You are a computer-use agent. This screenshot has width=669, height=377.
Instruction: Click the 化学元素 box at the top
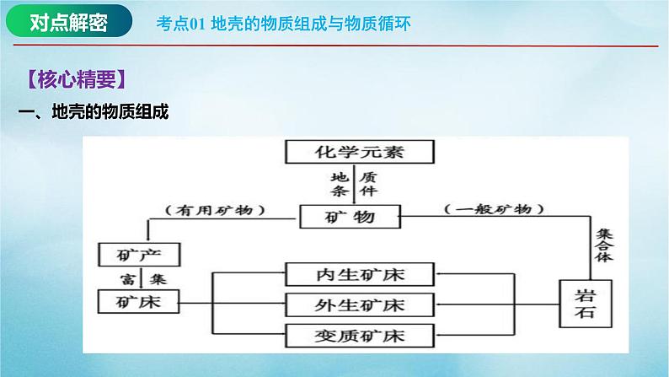pos(361,153)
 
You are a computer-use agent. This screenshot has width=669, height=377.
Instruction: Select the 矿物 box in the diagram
pos(347,218)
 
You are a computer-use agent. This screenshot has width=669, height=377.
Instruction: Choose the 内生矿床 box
pos(361,274)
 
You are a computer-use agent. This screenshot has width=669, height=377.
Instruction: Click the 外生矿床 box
pos(361,304)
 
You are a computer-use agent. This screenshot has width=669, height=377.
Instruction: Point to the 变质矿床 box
pos(361,336)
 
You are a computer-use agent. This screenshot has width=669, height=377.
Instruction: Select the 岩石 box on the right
pos(586,304)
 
